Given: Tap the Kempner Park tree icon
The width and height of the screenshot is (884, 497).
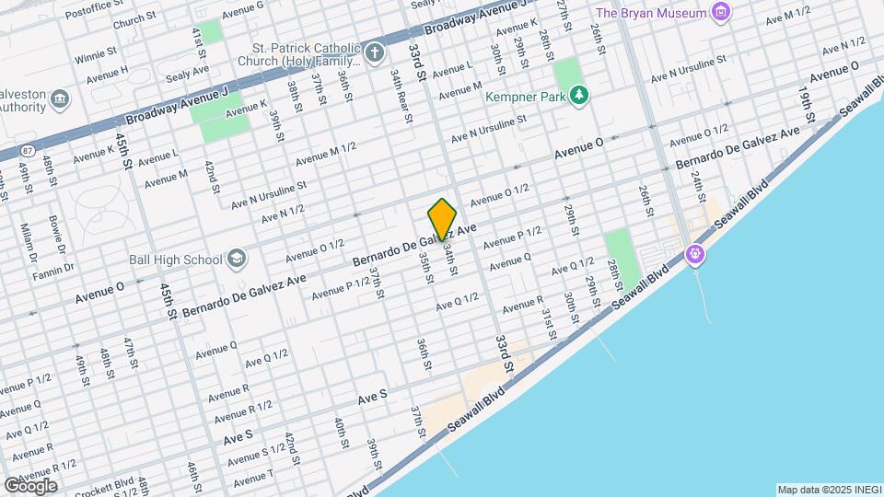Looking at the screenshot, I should point(578,94).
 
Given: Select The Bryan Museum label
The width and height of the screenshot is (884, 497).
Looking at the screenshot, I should point(651,13).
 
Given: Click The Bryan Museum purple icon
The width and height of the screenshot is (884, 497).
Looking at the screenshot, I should point(722,13).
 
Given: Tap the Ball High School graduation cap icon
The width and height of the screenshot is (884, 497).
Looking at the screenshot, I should point(237,259).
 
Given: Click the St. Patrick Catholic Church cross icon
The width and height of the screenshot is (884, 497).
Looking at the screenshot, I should point(373,52).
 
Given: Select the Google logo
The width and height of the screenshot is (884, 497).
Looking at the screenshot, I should point(30,484).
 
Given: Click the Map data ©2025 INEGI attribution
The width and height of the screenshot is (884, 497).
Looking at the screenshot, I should point(827,490).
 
